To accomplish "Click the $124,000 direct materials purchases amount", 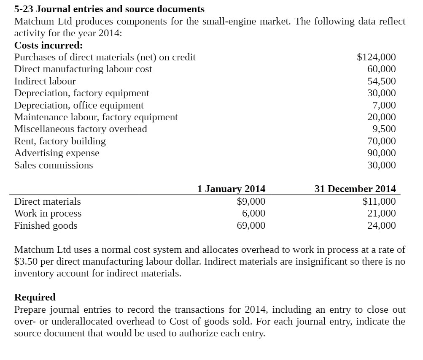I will point(376,57).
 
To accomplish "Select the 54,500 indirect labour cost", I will point(382,81).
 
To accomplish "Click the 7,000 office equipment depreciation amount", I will point(384,105).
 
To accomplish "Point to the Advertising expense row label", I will point(57,153).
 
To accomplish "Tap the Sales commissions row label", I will point(54,165).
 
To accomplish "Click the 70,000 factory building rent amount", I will point(382,141).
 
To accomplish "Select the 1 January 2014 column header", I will point(231,189).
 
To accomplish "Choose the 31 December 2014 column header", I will point(355,189).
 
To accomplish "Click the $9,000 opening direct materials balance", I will point(251,201).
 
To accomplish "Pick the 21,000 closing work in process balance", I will point(382,213).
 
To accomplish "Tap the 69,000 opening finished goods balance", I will point(251,225).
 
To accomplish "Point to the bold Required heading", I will point(35,297).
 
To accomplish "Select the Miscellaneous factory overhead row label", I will point(81,129).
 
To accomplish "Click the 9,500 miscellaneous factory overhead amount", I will point(384,129).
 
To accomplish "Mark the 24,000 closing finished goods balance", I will point(382,225).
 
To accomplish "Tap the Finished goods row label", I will point(46,225).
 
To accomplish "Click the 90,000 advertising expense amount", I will point(382,153).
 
